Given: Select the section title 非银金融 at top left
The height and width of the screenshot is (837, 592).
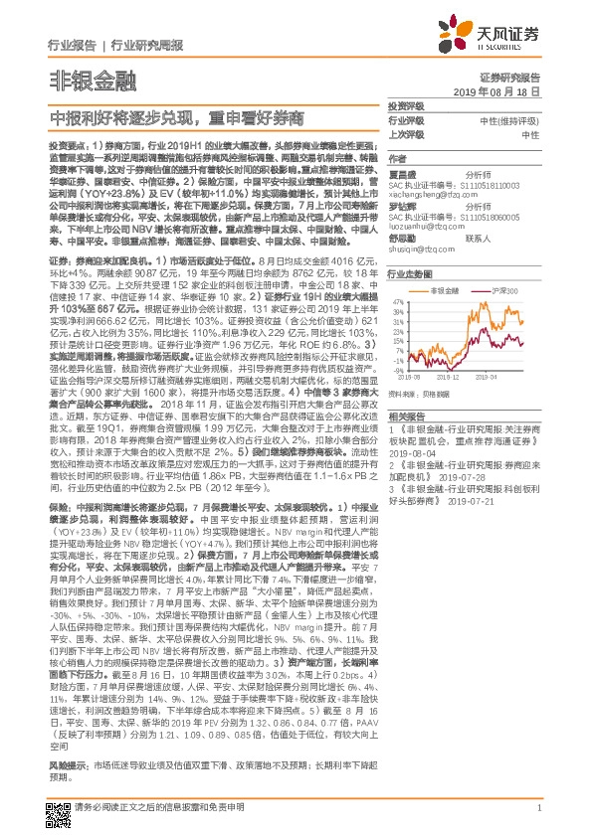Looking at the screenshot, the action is click(84, 81).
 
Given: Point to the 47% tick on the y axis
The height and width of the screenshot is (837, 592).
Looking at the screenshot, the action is click(395, 298).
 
